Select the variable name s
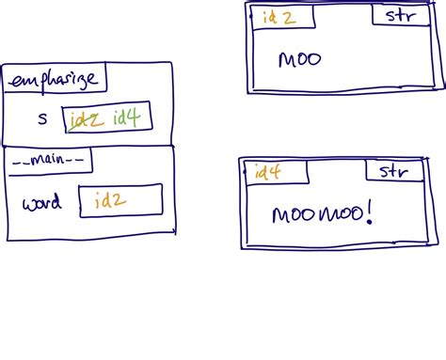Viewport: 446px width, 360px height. [x=41, y=118]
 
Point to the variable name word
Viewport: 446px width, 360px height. [x=41, y=203]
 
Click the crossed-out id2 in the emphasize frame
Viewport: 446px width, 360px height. [x=88, y=118]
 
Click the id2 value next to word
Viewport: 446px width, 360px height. [x=111, y=199]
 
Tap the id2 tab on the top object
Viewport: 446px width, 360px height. [x=277, y=16]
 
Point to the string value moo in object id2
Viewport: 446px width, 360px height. [x=300, y=60]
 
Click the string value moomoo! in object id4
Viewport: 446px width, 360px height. [x=322, y=215]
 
